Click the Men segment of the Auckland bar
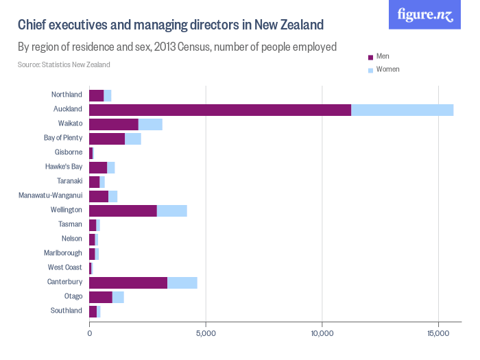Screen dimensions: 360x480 pyautogui.click(x=219, y=109)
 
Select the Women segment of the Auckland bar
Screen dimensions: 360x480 pyautogui.click(x=402, y=109)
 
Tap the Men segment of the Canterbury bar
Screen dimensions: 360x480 pyautogui.click(x=128, y=282)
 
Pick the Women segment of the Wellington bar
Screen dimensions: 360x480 pyautogui.click(x=171, y=210)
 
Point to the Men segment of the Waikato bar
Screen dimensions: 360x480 pyautogui.click(x=113, y=123)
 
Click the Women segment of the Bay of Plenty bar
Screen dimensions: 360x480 pyautogui.click(x=132, y=138)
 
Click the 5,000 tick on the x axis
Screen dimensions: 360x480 pyautogui.click(x=206, y=333)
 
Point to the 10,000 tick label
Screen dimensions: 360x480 pyautogui.click(x=322, y=333)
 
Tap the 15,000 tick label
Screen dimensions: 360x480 pyautogui.click(x=439, y=333)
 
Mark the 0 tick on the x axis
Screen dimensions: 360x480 pyautogui.click(x=89, y=333)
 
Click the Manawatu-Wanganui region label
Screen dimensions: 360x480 pyautogui.click(x=51, y=195)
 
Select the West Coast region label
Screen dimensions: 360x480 pyautogui.click(x=65, y=267)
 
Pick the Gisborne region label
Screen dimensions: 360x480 pyautogui.click(x=68, y=152)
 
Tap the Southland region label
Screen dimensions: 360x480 pyautogui.click(x=67, y=311)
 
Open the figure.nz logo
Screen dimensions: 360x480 pyautogui.click(x=425, y=15)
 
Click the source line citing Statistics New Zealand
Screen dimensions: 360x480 pyautogui.click(x=64, y=65)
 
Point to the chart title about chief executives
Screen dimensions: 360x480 pyautogui.click(x=170, y=25)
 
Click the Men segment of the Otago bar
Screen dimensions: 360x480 pyautogui.click(x=100, y=296)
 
